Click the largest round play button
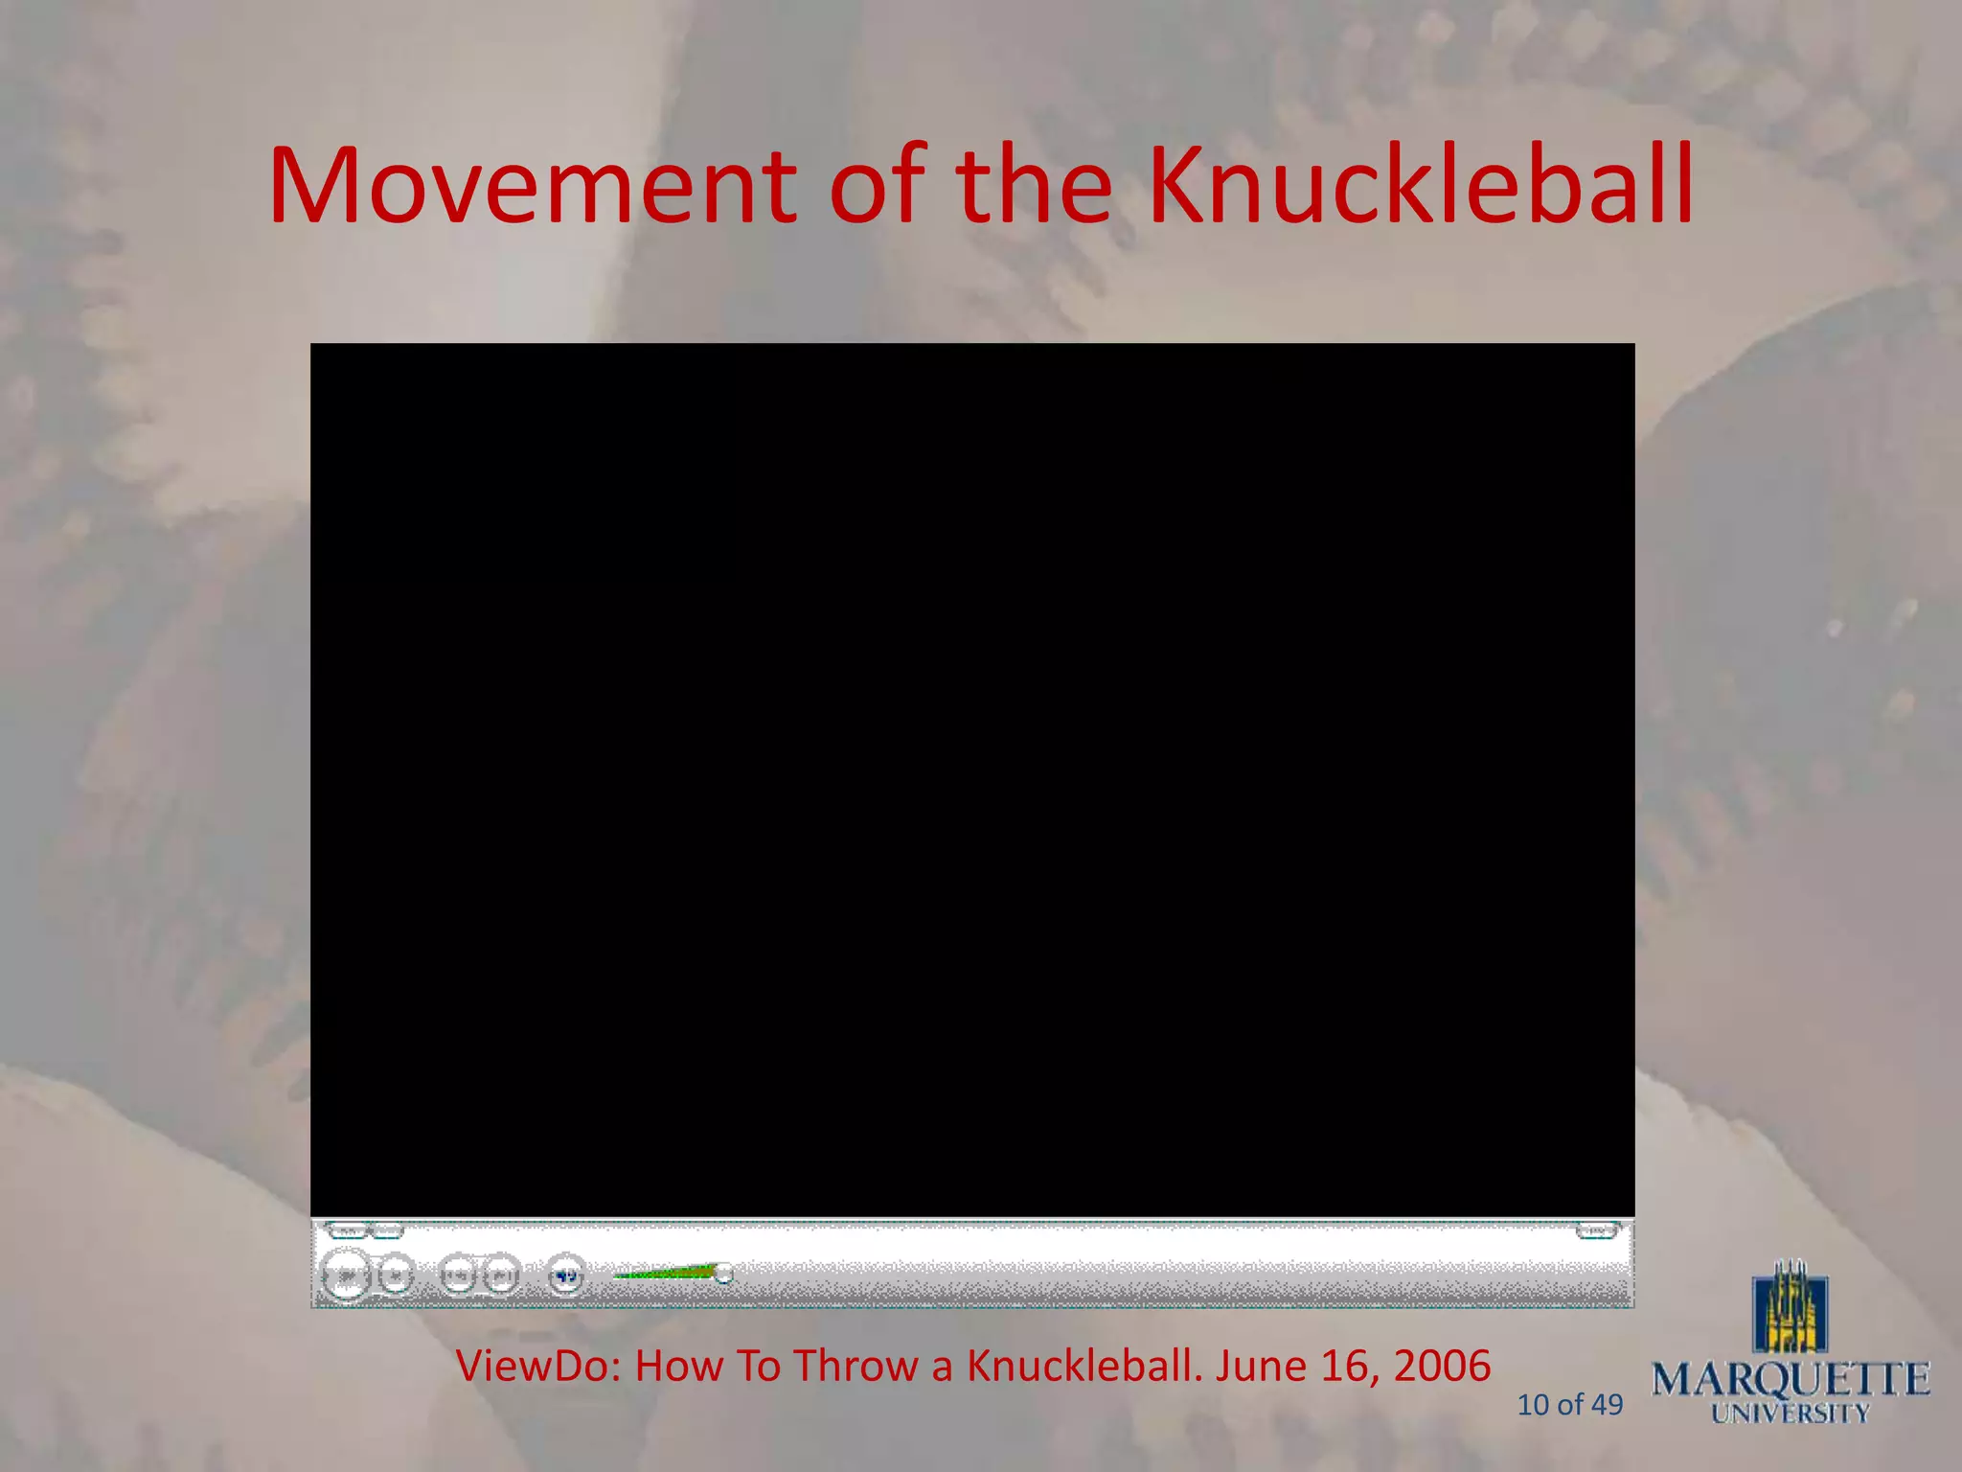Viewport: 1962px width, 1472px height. pyautogui.click(x=346, y=1276)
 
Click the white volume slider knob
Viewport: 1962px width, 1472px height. pyautogui.click(x=724, y=1273)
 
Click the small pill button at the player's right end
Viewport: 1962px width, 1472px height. pyautogui.click(x=1595, y=1230)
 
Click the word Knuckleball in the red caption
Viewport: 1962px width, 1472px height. pyautogui.click(x=1079, y=1367)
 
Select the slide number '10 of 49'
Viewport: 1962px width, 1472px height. pyautogui.click(x=1569, y=1405)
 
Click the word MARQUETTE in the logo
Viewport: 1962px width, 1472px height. pyautogui.click(x=1790, y=1380)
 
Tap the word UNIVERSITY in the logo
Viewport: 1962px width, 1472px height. pyautogui.click(x=1790, y=1414)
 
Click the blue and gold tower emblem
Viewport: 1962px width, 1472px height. pyautogui.click(x=1790, y=1308)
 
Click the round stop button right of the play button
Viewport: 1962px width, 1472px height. pyautogui.click(x=395, y=1276)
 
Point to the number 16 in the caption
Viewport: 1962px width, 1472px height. pyautogui.click(x=1343, y=1367)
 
